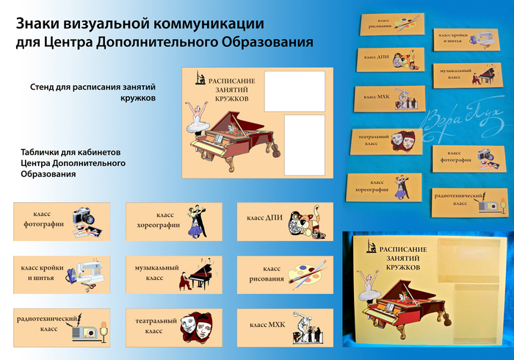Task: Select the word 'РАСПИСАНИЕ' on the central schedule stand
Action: [232, 80]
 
